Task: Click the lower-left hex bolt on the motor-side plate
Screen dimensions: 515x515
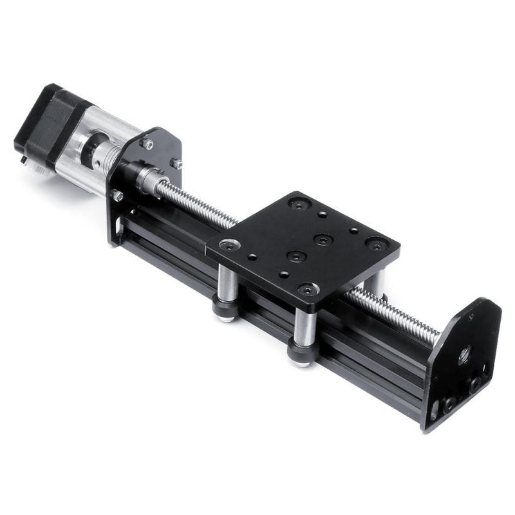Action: pos(118,194)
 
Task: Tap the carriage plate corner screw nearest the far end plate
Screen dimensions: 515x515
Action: pos(376,245)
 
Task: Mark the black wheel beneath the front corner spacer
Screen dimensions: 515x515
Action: pos(302,352)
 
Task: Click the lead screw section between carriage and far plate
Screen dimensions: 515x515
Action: pos(393,315)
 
